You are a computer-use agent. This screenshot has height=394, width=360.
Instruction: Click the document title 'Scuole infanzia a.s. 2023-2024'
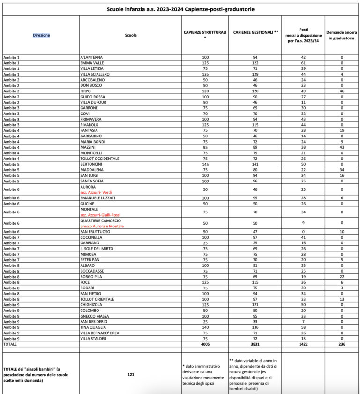click(x=180, y=9)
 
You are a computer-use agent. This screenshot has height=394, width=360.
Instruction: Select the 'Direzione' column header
click(x=41, y=35)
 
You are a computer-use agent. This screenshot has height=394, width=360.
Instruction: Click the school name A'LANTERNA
click(x=91, y=57)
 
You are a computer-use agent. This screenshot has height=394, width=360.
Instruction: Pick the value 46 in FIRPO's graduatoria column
click(x=342, y=91)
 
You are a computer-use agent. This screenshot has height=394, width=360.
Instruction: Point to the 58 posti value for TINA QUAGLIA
click(x=303, y=327)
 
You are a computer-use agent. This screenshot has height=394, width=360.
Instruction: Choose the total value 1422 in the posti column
click(x=303, y=344)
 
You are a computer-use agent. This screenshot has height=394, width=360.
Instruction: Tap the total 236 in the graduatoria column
click(x=342, y=344)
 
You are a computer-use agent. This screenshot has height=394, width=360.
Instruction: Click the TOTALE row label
click(x=10, y=344)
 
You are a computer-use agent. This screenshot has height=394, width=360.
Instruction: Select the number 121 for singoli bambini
click(x=131, y=374)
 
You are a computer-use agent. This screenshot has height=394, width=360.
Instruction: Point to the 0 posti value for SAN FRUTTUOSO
click(x=303, y=232)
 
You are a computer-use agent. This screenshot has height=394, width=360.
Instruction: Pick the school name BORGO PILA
click(x=91, y=277)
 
